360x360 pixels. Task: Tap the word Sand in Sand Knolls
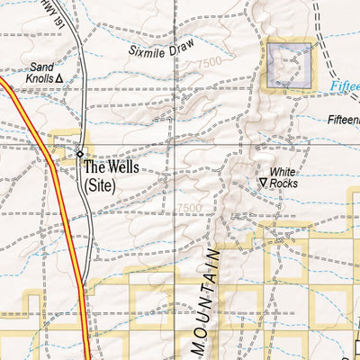pos(42,67)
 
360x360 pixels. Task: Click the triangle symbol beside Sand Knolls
pos(60,79)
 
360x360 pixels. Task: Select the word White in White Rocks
pos(283,170)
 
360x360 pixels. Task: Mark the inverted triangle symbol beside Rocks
pos(263,183)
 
